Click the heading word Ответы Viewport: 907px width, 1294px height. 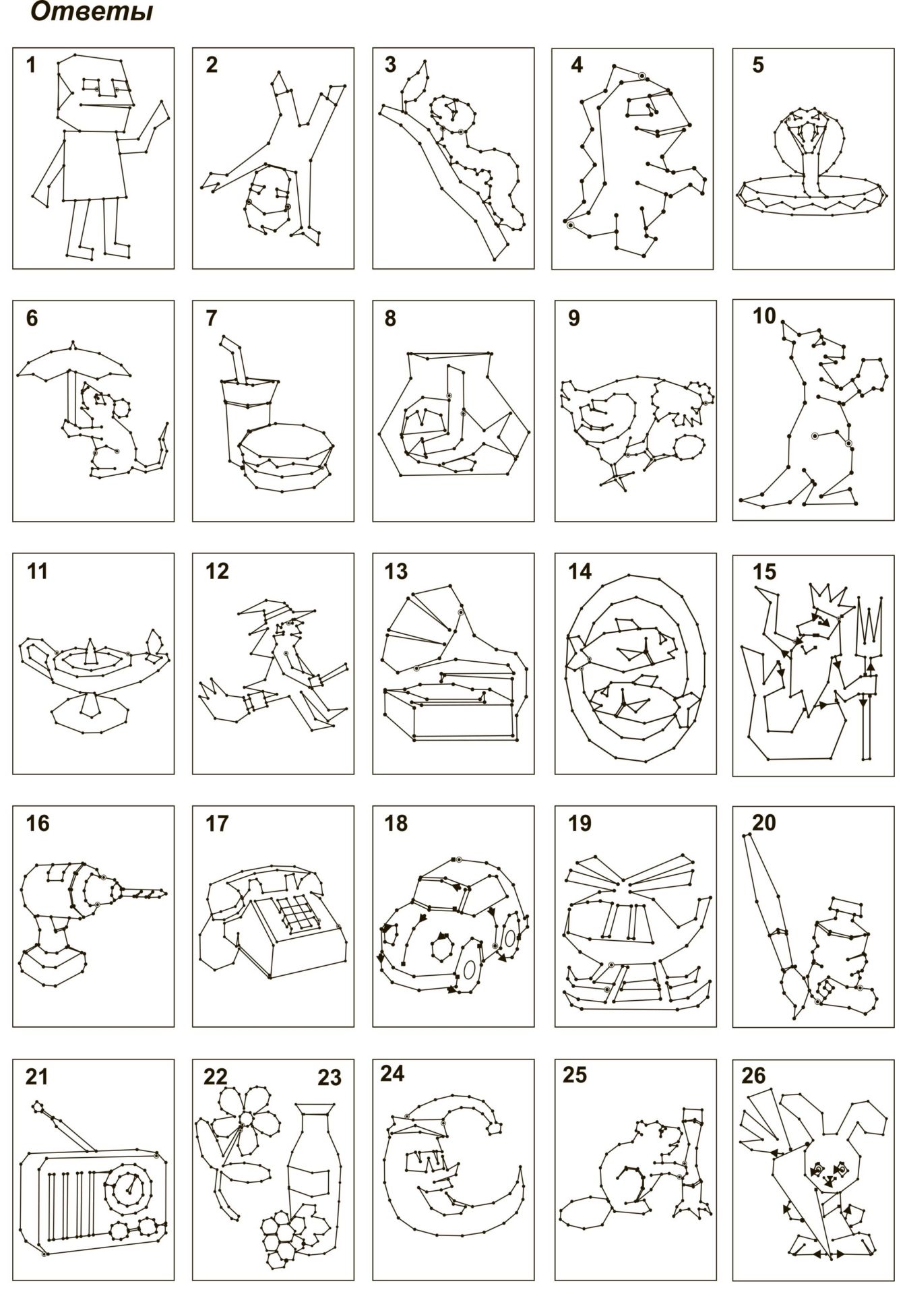[x=92, y=12]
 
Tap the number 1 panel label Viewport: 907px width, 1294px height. [x=30, y=65]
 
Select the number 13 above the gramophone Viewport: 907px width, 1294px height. [x=396, y=572]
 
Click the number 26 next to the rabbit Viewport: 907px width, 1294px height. [x=754, y=1075]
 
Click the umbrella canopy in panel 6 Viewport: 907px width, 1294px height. [x=73, y=362]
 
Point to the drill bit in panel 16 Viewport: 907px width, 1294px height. [x=144, y=893]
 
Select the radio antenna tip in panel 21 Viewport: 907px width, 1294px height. [x=38, y=1106]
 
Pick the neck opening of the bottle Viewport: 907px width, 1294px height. [x=315, y=1109]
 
